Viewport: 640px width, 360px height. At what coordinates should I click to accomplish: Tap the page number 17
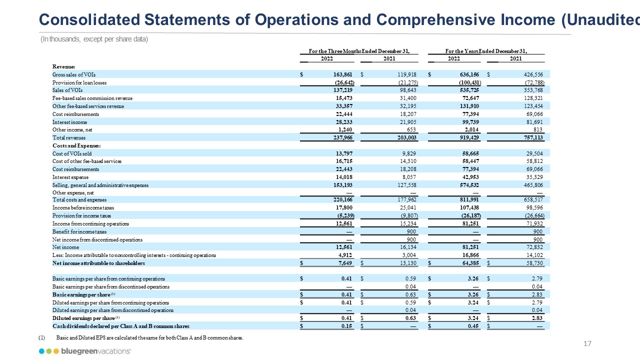pos(588,343)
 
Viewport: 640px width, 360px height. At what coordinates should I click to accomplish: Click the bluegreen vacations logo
pos(85,351)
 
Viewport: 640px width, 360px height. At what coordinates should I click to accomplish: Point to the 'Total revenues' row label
pos(69,137)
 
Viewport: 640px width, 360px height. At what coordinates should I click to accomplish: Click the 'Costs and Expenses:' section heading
pos(73,145)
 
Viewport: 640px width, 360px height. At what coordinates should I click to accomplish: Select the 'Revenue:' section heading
pos(63,66)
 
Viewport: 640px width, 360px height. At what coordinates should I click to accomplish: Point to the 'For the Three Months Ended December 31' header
pos(359,51)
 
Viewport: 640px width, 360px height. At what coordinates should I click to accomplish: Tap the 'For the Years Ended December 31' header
pos(486,51)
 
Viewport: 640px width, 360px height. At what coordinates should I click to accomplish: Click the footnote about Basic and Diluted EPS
pos(150,338)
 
